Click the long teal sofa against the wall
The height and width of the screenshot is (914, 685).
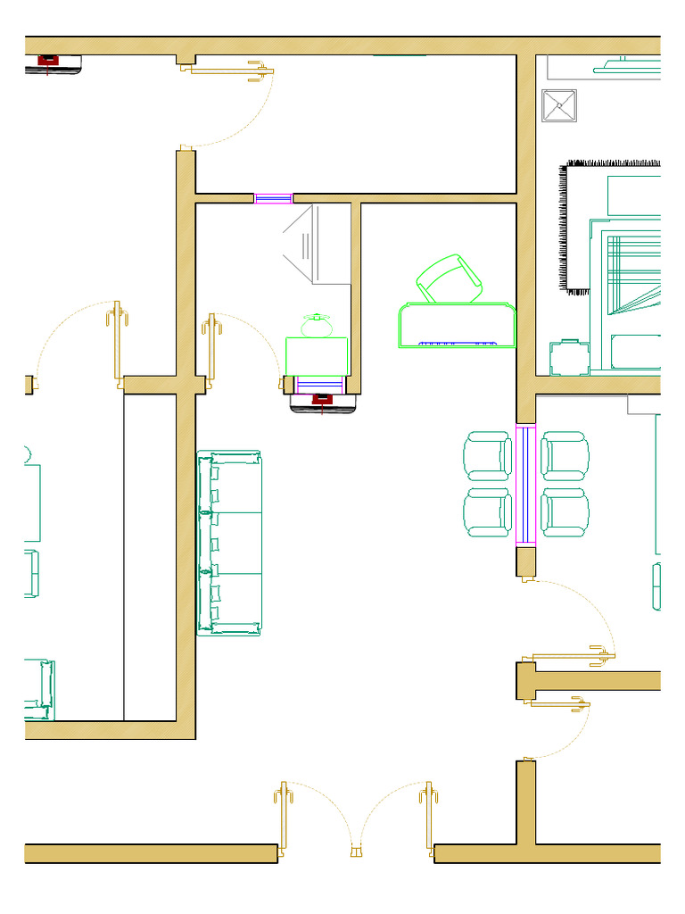click(230, 544)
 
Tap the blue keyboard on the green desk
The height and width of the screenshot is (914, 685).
click(457, 343)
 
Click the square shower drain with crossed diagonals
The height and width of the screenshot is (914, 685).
click(559, 105)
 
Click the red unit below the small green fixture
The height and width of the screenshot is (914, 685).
click(322, 400)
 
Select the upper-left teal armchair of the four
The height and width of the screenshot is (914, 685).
click(486, 455)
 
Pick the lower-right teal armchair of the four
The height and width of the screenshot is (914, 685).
click(564, 512)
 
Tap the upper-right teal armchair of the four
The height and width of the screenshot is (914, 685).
click(564, 455)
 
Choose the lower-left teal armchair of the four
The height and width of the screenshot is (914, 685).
click(486, 512)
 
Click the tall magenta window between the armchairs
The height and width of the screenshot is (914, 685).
click(524, 485)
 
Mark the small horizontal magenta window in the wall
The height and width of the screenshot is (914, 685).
click(273, 198)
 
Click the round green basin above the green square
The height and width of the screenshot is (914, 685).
click(316, 326)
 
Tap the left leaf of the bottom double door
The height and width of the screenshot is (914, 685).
click(285, 818)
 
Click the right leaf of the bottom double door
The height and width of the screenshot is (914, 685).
click(429, 818)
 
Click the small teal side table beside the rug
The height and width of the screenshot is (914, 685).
click(569, 358)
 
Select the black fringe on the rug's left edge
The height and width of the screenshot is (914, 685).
click(564, 228)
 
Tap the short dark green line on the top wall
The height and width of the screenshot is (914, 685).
click(399, 55)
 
